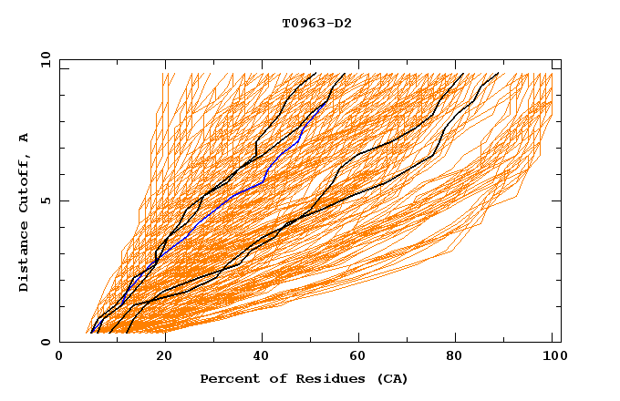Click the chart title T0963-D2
coord(316,24)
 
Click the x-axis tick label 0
coord(59,358)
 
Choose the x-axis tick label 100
coord(553,358)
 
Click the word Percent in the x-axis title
coord(229,378)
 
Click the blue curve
coord(228,200)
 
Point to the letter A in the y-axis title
coord(25,138)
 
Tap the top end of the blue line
coord(325,102)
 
